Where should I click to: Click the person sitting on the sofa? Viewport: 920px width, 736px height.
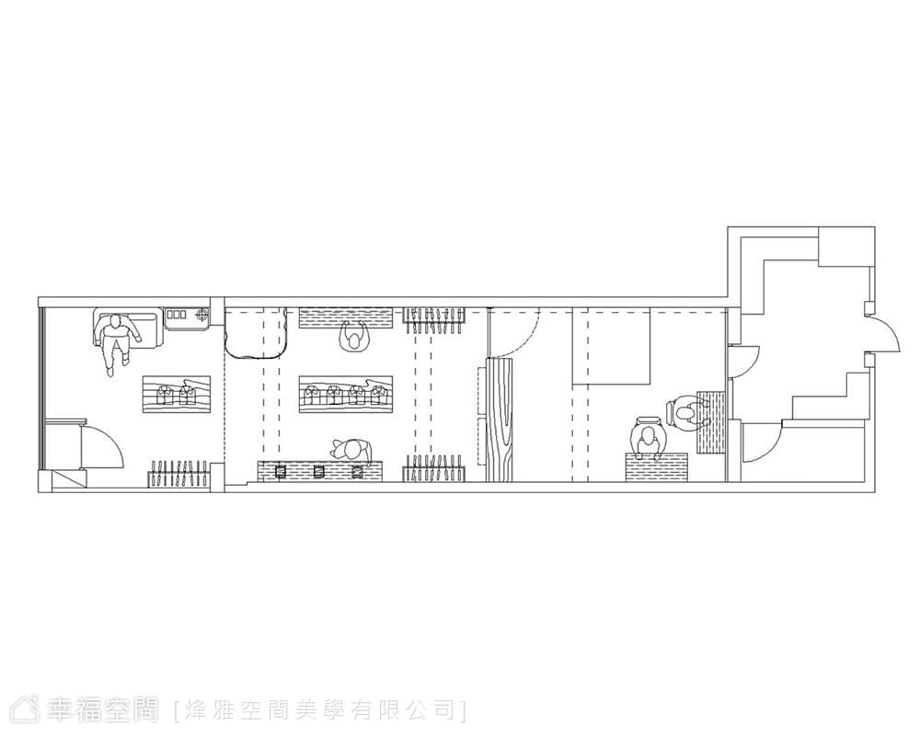[x=118, y=340]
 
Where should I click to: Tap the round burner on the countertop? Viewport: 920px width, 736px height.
[x=201, y=316]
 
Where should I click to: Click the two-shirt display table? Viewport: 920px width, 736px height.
[x=176, y=394]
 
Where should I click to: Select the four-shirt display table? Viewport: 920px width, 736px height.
[x=345, y=394]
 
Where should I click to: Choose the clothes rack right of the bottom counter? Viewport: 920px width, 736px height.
[x=434, y=468]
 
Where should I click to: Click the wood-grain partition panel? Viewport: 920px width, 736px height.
[x=499, y=420]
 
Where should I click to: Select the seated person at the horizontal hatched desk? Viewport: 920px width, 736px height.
[x=648, y=438]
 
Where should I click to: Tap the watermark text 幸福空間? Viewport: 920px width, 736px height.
[x=103, y=709]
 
